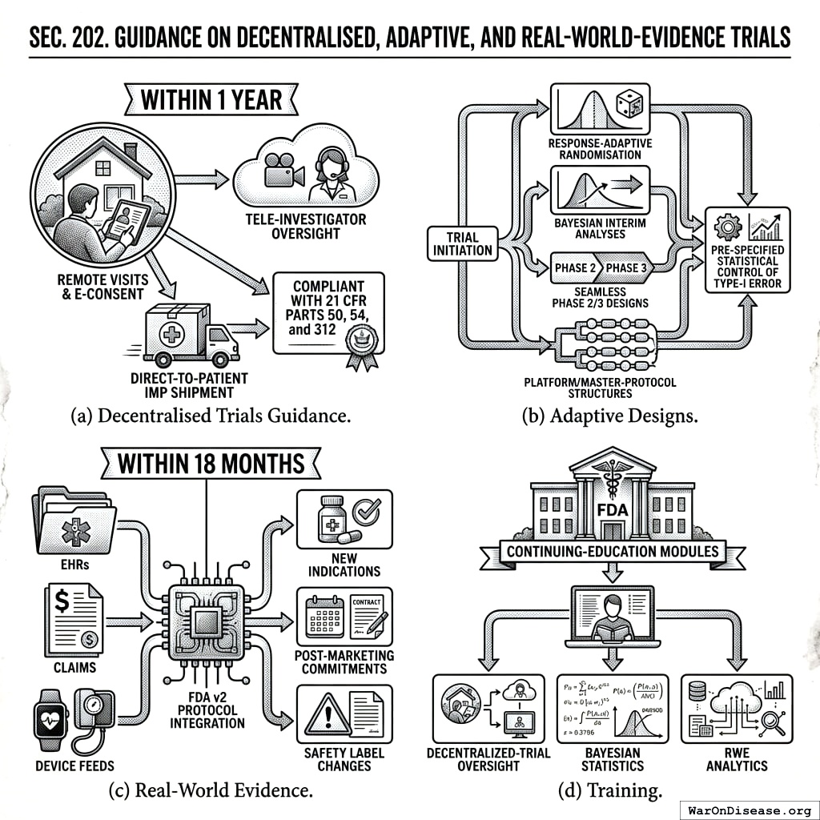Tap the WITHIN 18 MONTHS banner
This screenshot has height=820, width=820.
click(x=210, y=464)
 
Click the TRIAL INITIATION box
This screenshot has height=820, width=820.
click(x=463, y=243)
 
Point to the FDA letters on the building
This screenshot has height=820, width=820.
click(x=613, y=510)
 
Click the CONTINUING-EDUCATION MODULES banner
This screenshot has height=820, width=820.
click(x=613, y=551)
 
